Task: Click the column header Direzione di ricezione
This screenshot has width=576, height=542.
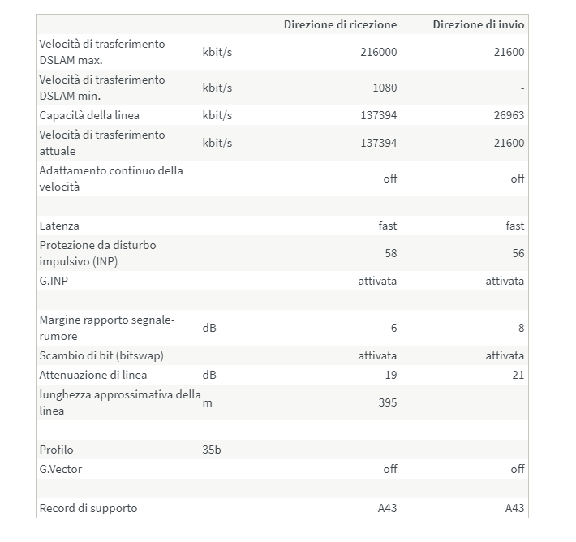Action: (x=340, y=24)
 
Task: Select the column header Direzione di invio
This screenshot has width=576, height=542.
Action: (x=478, y=24)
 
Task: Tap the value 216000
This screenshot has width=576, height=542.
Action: (x=378, y=52)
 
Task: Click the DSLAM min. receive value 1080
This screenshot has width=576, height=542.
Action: (x=385, y=88)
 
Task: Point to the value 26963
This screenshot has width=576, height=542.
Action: (x=508, y=115)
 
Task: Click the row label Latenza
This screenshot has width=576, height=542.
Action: (x=59, y=226)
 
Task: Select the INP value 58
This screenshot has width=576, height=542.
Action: (x=390, y=253)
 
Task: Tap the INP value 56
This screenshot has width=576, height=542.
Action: (x=518, y=253)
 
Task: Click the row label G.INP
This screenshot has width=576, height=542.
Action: (x=54, y=281)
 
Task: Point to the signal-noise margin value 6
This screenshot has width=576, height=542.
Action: (x=393, y=328)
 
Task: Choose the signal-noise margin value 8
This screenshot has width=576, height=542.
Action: (x=521, y=328)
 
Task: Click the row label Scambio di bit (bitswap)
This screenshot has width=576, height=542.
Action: (x=104, y=355)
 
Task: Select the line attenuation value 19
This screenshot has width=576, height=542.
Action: (x=390, y=375)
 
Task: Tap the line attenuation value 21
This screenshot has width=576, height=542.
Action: (x=518, y=375)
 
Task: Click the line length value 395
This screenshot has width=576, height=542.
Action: (x=388, y=402)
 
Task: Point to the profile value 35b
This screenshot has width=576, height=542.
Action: (x=211, y=450)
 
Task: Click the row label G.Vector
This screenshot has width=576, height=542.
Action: (x=61, y=469)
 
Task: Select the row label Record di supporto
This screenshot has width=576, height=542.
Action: (x=88, y=508)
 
